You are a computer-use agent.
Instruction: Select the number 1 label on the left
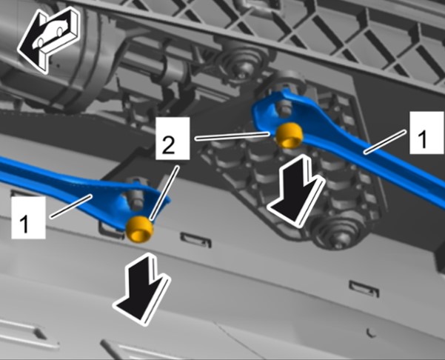28,218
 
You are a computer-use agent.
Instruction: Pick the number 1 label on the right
426,133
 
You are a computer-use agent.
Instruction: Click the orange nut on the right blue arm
290,136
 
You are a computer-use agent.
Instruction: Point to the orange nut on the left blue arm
140,229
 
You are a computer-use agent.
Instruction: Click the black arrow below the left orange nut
142,289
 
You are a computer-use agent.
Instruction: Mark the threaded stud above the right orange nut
284,110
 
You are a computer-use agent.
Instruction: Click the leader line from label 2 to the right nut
232,136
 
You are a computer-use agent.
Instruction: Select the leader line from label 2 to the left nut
165,193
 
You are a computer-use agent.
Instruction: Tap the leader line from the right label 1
384,141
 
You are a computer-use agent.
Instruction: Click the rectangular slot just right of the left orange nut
196,240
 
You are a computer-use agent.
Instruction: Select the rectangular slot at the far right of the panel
364,288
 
